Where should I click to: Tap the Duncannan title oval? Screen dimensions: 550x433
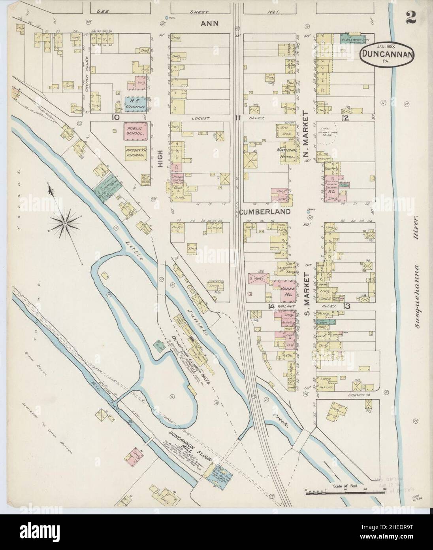(x=387, y=55)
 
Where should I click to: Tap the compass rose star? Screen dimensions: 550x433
(x=64, y=224)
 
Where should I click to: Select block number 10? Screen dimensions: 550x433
(x=115, y=117)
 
